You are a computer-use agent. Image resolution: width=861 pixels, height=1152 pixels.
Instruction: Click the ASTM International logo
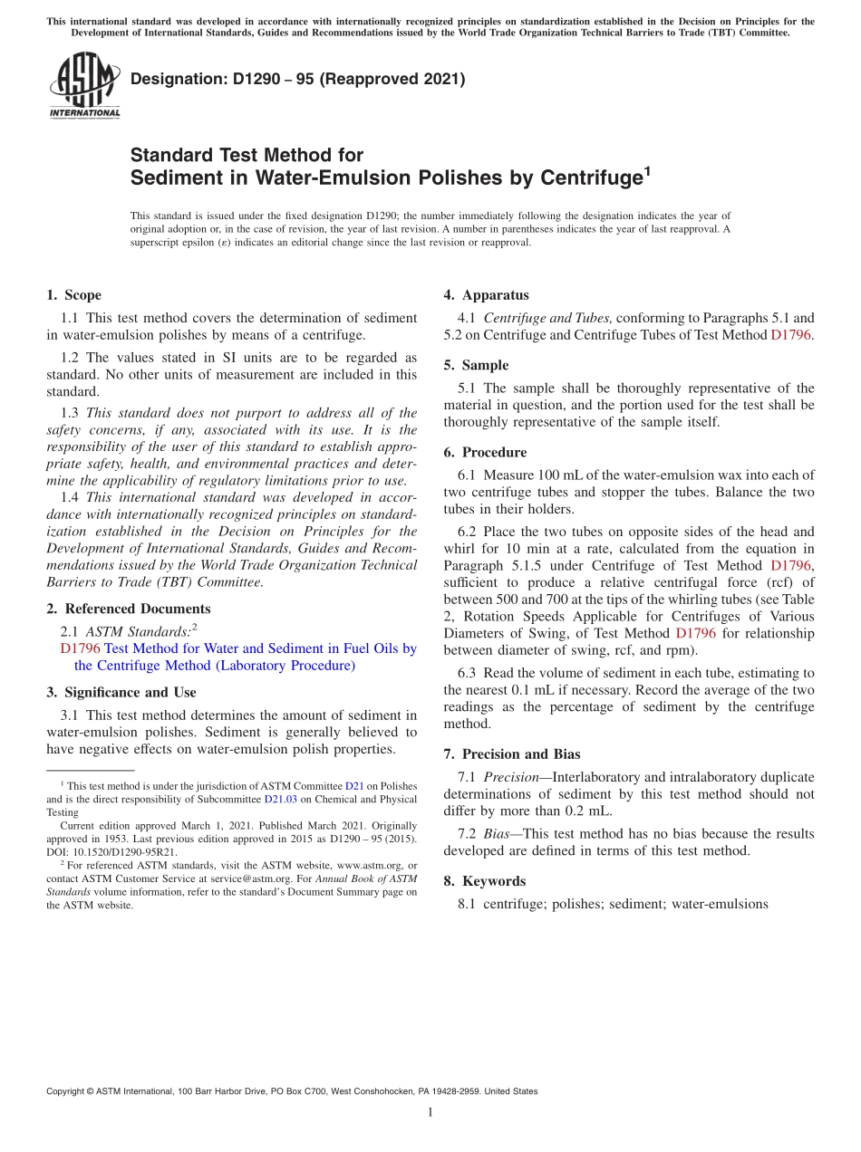point(84,86)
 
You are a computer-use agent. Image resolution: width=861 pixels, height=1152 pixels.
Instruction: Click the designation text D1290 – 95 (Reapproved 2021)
point(297,80)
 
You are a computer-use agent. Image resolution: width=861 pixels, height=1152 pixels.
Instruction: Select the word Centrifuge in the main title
point(591,178)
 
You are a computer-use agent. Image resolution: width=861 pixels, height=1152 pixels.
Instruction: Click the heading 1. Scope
point(73,295)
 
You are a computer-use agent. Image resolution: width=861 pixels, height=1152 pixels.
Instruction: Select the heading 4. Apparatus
point(486,295)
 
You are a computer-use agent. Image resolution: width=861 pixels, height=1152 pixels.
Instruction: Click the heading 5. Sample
point(476,365)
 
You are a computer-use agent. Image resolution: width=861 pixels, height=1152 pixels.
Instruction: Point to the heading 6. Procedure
point(485,452)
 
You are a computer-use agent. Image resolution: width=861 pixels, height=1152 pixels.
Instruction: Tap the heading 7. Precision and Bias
point(511,754)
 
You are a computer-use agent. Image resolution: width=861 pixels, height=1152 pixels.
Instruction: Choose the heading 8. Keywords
point(484,881)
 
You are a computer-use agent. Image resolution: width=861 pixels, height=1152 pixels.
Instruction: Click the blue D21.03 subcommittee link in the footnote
point(280,800)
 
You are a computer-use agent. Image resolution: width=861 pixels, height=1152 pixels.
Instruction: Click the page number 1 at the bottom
point(430,1112)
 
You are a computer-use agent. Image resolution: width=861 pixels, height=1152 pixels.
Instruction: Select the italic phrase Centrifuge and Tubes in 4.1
point(547,318)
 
